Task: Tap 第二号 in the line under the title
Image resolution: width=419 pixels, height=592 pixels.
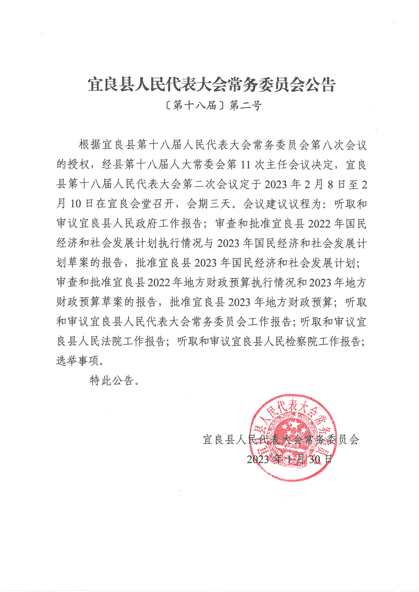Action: pos(245,106)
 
